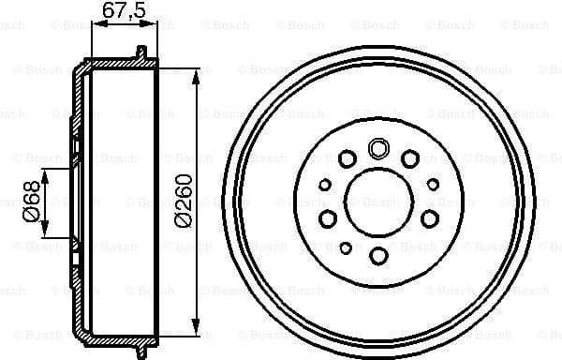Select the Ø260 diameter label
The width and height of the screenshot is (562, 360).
click(184, 199)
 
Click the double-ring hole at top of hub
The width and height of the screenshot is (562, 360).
click(379, 147)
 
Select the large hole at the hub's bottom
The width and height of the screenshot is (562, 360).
click(379, 256)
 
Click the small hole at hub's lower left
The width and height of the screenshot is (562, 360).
click(346, 247)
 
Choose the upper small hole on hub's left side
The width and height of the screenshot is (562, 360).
click(326, 185)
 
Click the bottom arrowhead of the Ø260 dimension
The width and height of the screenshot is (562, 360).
click(197, 330)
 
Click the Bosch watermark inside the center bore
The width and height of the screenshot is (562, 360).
click(379, 202)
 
